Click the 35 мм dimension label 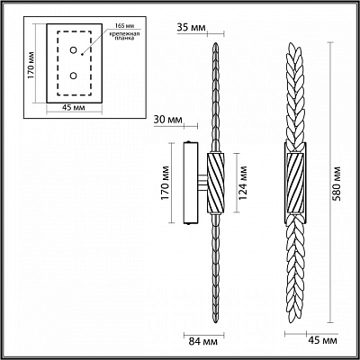point(191,28)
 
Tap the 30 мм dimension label point(168,120)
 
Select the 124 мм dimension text point(243,183)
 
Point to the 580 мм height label point(339,184)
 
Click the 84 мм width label point(202,341)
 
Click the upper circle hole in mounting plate point(73,50)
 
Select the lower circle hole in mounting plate point(73,76)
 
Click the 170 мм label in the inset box point(31,66)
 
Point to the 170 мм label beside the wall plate point(165,183)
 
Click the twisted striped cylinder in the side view point(216,184)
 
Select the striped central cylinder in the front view point(295,184)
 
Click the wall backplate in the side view point(191,183)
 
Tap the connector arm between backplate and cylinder point(202,183)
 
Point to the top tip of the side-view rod point(216,43)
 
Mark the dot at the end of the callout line point(82,55)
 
